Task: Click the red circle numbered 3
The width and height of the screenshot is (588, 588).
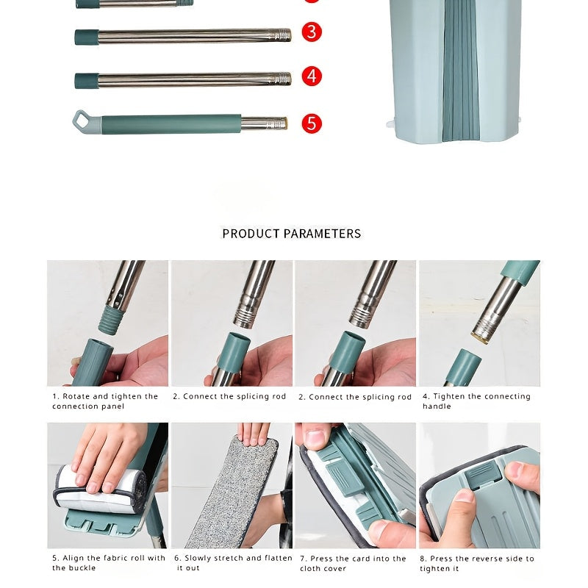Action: [x=312, y=32]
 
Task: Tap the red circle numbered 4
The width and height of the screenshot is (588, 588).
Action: [x=312, y=76]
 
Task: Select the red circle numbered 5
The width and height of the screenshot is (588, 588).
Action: [x=312, y=123]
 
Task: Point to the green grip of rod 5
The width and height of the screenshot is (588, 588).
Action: [x=171, y=124]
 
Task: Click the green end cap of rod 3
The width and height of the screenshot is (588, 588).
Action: [x=87, y=37]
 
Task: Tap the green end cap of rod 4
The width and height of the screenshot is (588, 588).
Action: [x=87, y=81]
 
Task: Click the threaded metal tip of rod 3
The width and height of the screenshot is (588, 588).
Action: [x=283, y=35]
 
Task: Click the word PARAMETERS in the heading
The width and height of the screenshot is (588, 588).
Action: [x=322, y=234]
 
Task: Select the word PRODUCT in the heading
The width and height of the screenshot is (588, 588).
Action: [x=251, y=234]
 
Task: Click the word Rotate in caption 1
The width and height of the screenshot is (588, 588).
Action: [x=76, y=396]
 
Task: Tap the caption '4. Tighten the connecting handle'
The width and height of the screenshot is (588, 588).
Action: [x=476, y=401]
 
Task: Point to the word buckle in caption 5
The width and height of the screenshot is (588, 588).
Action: [x=82, y=567]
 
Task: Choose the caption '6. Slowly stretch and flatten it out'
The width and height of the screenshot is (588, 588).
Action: [x=233, y=563]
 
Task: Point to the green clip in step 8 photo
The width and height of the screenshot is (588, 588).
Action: [x=483, y=475]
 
